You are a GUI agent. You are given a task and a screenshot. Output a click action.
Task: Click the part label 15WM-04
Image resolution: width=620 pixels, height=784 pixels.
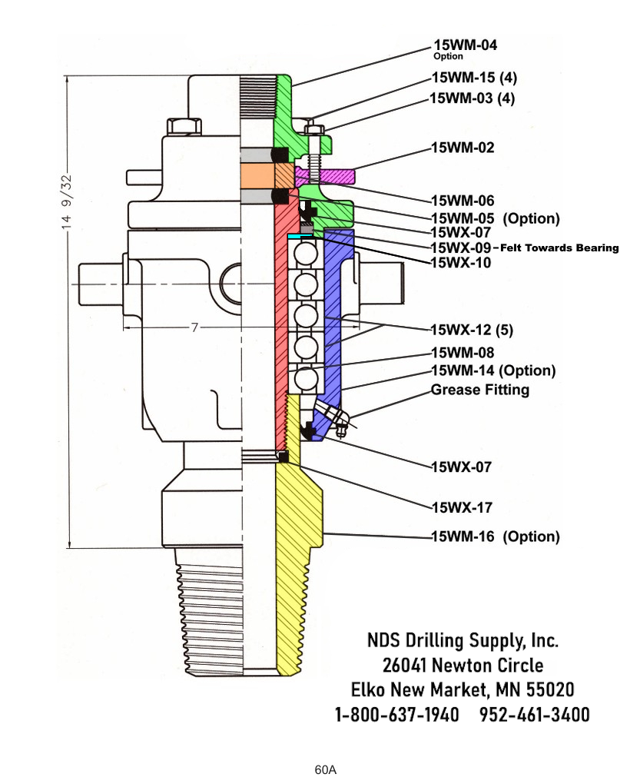[x=465, y=45]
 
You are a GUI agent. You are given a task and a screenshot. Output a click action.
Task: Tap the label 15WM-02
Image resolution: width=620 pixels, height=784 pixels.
[x=463, y=148]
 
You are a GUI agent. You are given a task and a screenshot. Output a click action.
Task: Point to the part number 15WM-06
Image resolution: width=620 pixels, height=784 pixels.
[x=463, y=200]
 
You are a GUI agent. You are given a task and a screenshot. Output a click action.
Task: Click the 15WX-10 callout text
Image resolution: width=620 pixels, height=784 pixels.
[x=461, y=263]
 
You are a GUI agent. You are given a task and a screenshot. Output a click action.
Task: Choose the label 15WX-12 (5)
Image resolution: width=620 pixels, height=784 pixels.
[x=472, y=331]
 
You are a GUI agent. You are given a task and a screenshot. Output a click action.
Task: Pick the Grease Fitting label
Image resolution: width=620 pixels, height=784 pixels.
[x=480, y=390]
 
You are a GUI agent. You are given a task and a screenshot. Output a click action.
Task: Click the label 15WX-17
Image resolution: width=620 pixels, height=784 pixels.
[x=461, y=507]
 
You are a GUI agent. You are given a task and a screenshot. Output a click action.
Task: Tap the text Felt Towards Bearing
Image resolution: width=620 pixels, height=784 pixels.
[x=559, y=247]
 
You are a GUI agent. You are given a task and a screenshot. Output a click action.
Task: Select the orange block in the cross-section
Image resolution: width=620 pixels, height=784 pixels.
[x=257, y=176]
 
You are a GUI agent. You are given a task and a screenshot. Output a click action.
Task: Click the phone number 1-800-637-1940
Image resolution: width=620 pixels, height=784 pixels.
[x=397, y=714]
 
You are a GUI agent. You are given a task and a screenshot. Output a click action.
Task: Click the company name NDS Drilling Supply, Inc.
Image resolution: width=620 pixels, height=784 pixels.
[x=463, y=640]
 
